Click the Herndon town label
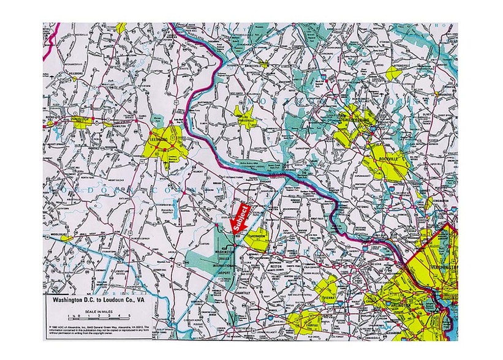coord(256,235)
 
